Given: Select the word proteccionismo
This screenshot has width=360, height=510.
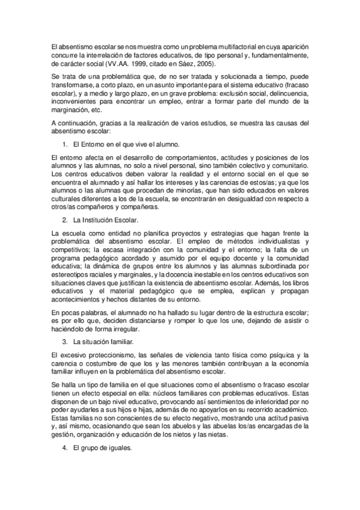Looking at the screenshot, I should (103, 355).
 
